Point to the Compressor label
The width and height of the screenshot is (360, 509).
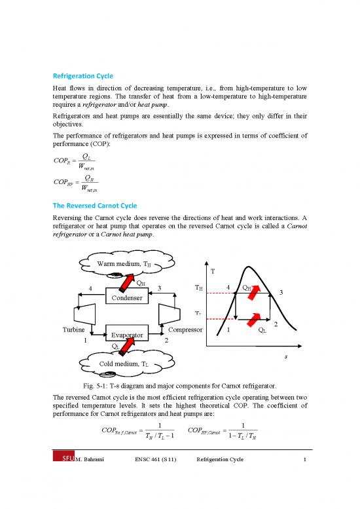coord(185,329)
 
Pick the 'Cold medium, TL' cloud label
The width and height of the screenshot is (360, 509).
coord(124,364)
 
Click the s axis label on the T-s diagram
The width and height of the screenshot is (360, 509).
coord(286,357)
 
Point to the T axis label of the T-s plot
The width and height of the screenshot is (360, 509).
coord(212,273)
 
